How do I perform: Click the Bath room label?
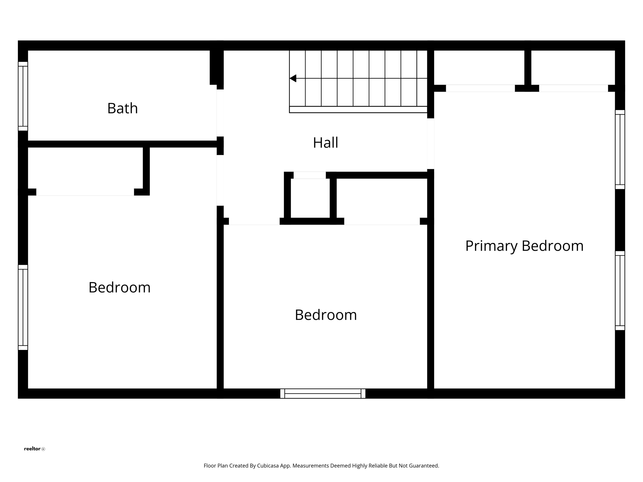pyautogui.click(x=122, y=108)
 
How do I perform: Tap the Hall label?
pyautogui.click(x=325, y=143)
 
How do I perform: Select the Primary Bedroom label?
pyautogui.click(x=524, y=246)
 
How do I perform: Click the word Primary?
pyautogui.click(x=491, y=246)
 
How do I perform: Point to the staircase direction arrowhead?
pyautogui.click(x=293, y=78)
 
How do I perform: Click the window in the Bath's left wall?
pyautogui.click(x=23, y=96)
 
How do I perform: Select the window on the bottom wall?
pyautogui.click(x=323, y=394)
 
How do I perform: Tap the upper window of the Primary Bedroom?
pyautogui.click(x=620, y=149)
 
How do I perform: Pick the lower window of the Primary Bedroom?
pyautogui.click(x=620, y=291)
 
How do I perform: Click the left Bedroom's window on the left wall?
pyautogui.click(x=23, y=307)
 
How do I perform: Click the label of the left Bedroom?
pyautogui.click(x=119, y=287)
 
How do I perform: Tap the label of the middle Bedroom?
pyautogui.click(x=326, y=315)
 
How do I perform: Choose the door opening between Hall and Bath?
pyautogui.click(x=220, y=113)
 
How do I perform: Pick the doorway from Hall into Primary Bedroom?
pyautogui.click(x=430, y=144)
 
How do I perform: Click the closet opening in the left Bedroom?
pyautogui.click(x=85, y=192)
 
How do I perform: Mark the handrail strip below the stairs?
pyautogui.click(x=358, y=110)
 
